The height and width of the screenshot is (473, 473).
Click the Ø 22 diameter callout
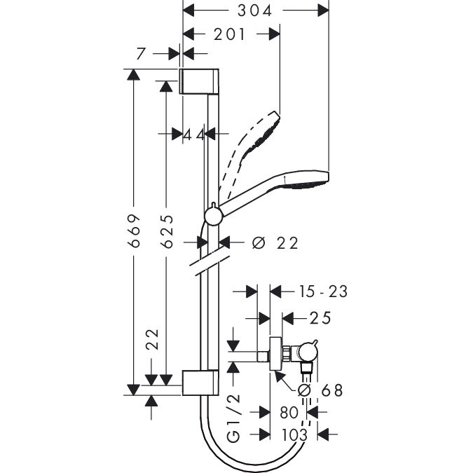tap(275, 243)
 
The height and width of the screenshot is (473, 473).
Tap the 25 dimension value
tap(320, 319)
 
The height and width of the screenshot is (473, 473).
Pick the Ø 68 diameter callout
tap(322, 391)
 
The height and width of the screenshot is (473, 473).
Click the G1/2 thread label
tap(235, 416)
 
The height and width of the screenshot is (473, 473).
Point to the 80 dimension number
tap(289, 413)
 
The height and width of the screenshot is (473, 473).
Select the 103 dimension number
tap(294, 435)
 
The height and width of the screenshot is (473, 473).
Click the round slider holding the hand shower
tap(214, 214)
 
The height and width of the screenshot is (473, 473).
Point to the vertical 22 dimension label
tap(156, 340)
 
